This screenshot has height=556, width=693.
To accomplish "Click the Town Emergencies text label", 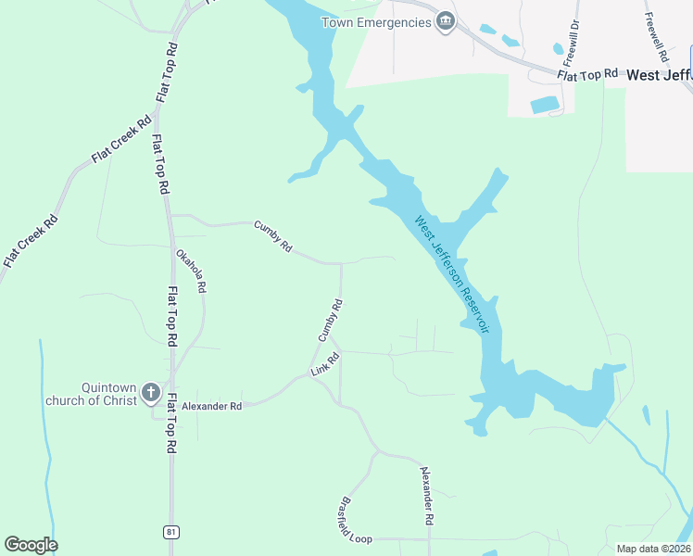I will (x=376, y=22).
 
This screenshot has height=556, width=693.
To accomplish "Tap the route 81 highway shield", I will (x=170, y=531).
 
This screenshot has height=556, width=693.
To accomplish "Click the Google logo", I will (x=31, y=545).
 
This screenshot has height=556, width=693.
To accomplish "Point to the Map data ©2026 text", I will (x=653, y=549).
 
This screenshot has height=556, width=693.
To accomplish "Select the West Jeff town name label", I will (x=659, y=75).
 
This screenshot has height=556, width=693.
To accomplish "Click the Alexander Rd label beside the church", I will (x=211, y=406).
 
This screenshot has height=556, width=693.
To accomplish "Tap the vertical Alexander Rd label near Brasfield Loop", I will (x=427, y=497).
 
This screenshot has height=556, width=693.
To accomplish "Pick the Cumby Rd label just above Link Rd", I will (x=331, y=320).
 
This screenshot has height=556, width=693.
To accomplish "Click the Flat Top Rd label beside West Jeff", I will (x=587, y=73).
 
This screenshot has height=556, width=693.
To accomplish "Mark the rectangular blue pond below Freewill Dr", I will (x=544, y=105).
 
